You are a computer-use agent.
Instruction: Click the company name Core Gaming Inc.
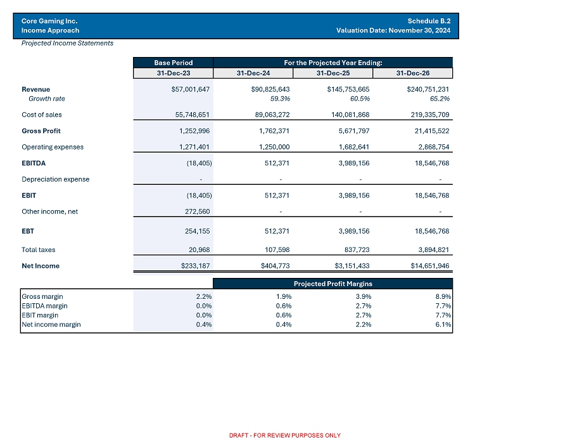[49, 20]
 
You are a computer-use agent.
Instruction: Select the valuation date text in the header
[393, 30]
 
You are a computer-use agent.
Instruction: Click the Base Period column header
[174, 63]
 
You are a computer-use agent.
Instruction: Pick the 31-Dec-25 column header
[333, 73]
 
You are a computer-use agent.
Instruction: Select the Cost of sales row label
[42, 115]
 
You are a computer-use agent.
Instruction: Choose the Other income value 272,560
[196, 211]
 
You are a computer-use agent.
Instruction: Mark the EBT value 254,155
[196, 231]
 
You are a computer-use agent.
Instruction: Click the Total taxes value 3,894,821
[429, 249]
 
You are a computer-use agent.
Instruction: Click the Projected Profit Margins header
[332, 284]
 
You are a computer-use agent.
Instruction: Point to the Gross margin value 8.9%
[443, 296]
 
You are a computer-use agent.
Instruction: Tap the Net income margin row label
[51, 325]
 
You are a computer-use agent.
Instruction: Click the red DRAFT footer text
[284, 435]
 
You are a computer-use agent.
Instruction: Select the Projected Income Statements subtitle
[68, 43]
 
